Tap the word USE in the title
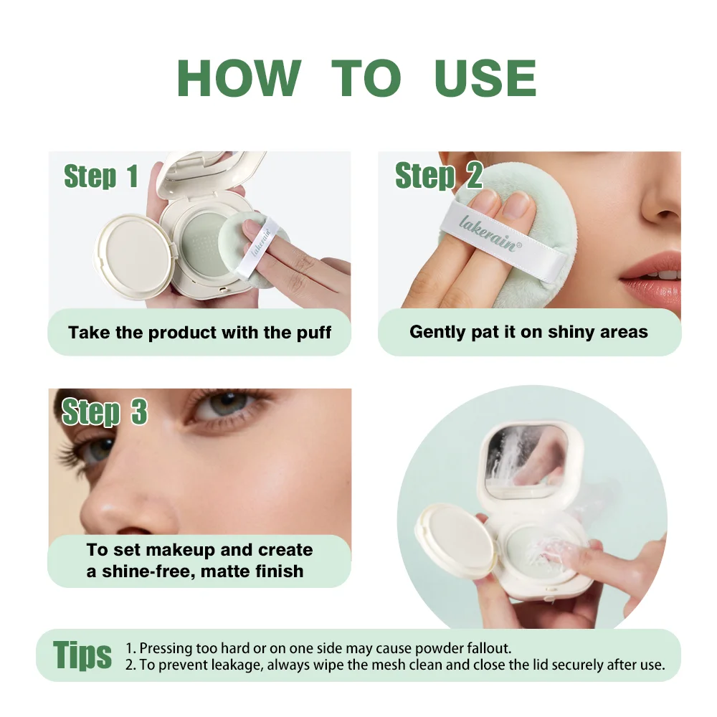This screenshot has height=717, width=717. [x=485, y=78]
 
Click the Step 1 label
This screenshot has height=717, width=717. [x=101, y=176]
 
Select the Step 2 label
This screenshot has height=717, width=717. [x=439, y=176]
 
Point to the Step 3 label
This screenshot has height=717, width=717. [x=105, y=412]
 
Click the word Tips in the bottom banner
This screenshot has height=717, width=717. [x=82, y=655]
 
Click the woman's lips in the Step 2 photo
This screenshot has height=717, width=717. [x=652, y=275]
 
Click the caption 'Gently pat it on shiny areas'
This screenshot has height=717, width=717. [x=528, y=332]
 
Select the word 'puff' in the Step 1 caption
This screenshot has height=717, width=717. [x=314, y=333]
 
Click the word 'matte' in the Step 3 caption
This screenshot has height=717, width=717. [x=224, y=571]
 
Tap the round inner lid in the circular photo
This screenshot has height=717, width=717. [x=456, y=540]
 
